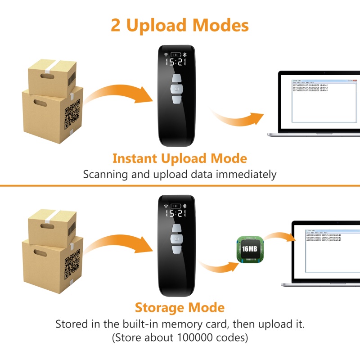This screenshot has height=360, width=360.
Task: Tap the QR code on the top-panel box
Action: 72,114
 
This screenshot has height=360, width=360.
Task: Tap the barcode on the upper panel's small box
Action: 72,80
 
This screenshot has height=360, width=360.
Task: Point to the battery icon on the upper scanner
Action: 176,54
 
